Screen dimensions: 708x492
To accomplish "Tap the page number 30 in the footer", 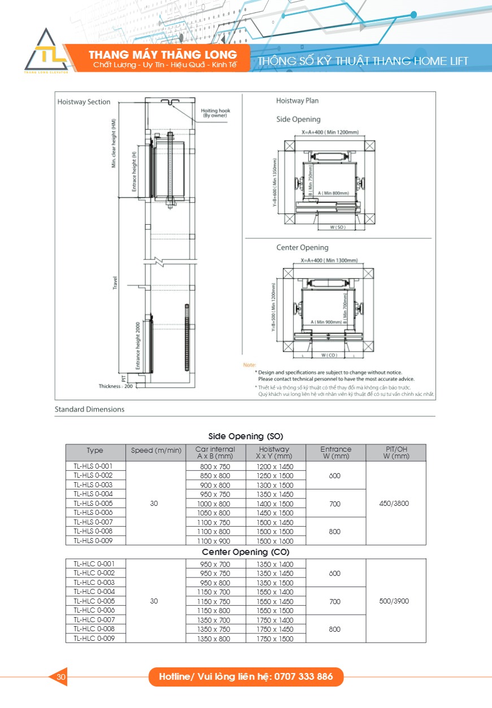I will pyautogui.click(x=61, y=676).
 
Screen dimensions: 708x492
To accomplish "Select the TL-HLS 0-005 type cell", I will pyautogui.click(x=93, y=504).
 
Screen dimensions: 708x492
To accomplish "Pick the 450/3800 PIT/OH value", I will pyautogui.click(x=395, y=504).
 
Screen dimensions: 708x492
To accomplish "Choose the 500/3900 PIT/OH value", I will pyautogui.click(x=395, y=601).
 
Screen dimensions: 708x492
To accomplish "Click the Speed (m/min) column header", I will pyautogui.click(x=156, y=451).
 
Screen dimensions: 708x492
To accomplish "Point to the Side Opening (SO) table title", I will pyautogui.click(x=246, y=436).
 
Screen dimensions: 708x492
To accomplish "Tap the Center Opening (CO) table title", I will pyautogui.click(x=246, y=552).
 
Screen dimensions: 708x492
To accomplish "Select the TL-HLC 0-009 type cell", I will pyautogui.click(x=93, y=638).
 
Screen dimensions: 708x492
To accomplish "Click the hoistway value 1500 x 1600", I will pyautogui.click(x=276, y=541).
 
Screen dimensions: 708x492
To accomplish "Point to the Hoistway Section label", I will pyautogui.click(x=84, y=102).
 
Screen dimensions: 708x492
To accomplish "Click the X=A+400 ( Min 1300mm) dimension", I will pyautogui.click(x=329, y=260).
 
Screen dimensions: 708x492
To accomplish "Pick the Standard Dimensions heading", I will pyautogui.click(x=89, y=409).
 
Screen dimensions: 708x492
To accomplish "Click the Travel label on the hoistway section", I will pyautogui.click(x=115, y=282).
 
